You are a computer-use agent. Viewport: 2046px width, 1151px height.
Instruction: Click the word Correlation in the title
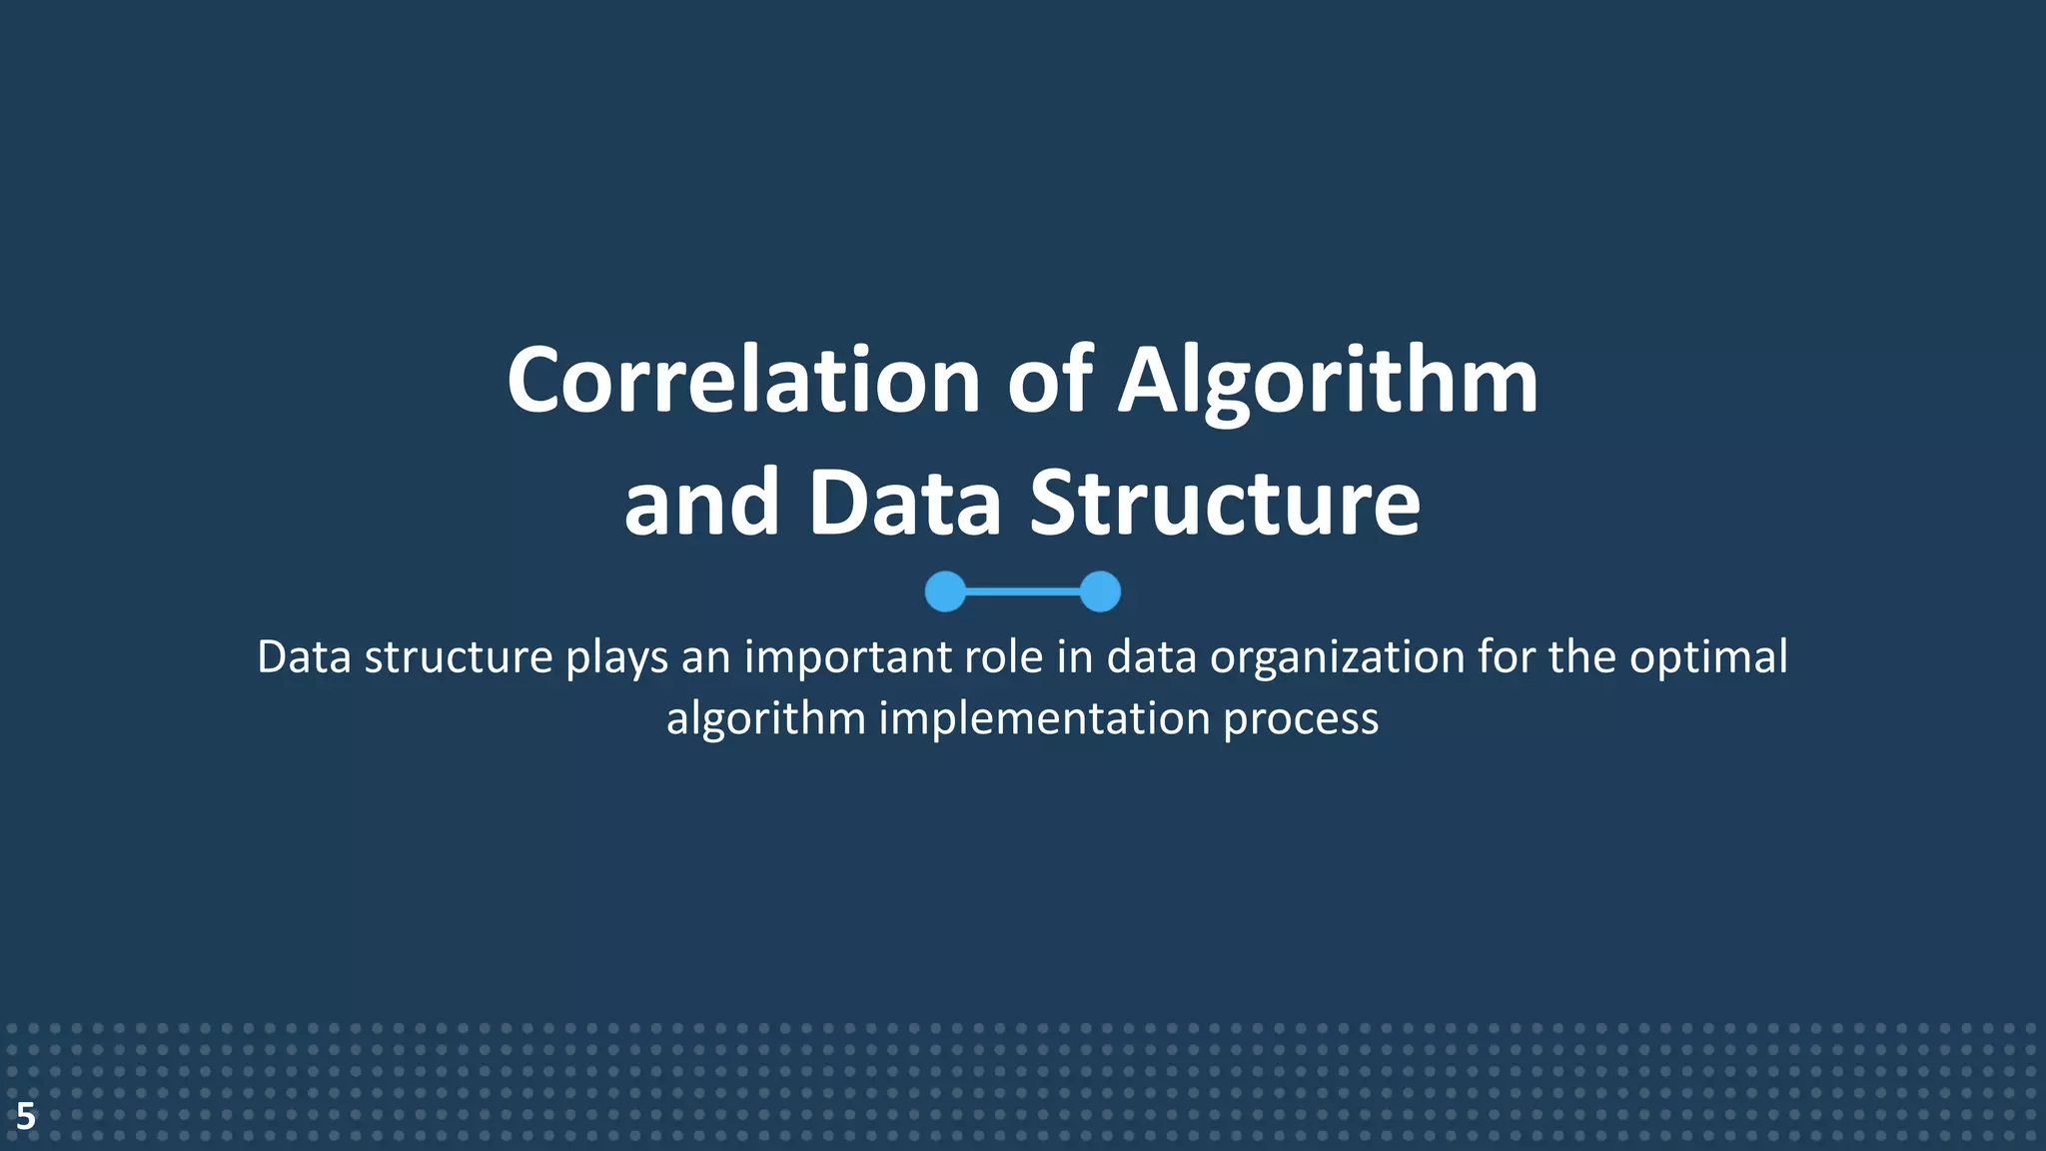click(743, 381)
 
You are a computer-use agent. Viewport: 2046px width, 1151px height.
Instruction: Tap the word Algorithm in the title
click(1328, 381)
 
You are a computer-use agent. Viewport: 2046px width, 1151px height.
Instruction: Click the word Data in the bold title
click(904, 503)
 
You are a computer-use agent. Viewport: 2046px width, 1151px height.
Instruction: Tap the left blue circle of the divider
click(945, 591)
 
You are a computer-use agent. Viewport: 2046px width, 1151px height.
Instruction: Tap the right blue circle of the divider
click(1100, 591)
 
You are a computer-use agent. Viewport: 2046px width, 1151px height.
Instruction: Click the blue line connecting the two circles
click(1023, 591)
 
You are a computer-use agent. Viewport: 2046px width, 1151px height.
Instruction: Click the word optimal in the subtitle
click(1708, 657)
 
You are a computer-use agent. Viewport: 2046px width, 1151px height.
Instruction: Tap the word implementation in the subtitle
click(1044, 718)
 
